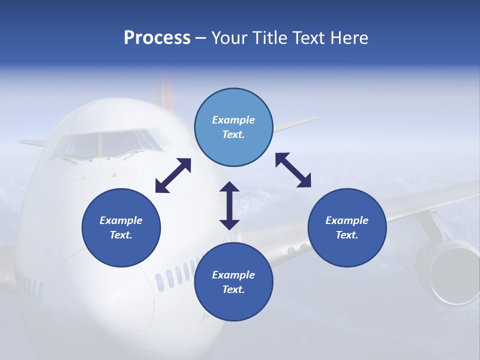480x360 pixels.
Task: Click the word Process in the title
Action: (x=157, y=38)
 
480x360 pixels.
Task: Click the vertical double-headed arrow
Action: (x=229, y=205)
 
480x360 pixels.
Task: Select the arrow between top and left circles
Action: (x=173, y=175)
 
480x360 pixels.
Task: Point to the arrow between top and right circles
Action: (x=293, y=170)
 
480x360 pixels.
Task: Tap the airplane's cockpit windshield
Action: (x=107, y=144)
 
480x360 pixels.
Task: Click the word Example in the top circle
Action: (x=233, y=120)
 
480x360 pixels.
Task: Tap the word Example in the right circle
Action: (x=347, y=220)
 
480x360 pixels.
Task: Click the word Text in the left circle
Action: (x=120, y=235)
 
